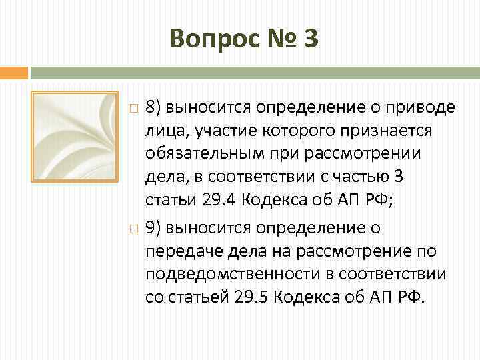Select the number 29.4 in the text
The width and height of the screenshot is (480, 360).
pos(216,201)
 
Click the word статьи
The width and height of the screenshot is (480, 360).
pos(167,201)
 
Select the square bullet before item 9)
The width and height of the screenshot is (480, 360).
pos(134,229)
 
